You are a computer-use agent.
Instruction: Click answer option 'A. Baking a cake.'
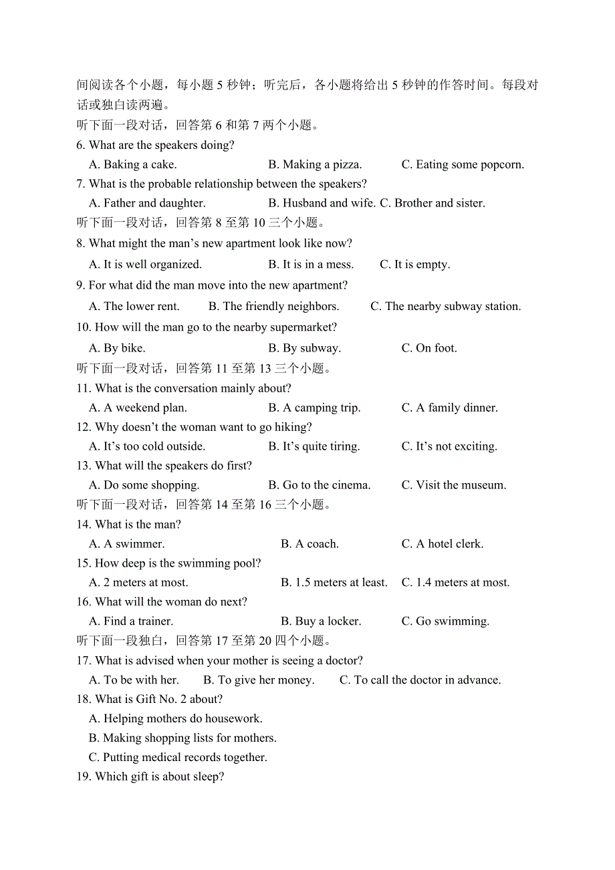tap(133, 164)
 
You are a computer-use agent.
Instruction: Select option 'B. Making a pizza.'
tap(315, 164)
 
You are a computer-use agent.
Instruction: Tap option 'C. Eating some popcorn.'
tap(463, 164)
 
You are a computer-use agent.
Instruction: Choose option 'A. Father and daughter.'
tap(147, 203)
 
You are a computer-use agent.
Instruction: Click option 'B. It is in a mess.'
tap(311, 265)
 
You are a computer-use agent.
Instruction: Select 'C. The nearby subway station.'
tap(445, 307)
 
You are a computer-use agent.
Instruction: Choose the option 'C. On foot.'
tap(429, 348)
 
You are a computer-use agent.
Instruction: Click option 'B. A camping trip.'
tap(314, 408)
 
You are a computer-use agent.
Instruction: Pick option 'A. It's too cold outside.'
tap(147, 446)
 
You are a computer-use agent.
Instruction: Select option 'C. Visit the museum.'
tap(453, 485)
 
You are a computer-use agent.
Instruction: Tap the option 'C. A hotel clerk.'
tap(442, 544)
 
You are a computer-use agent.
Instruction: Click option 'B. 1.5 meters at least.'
tap(334, 583)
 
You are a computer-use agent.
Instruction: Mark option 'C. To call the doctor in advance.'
tap(420, 680)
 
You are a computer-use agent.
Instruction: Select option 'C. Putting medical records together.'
tap(178, 758)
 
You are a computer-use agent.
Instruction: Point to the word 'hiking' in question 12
tap(295, 427)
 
